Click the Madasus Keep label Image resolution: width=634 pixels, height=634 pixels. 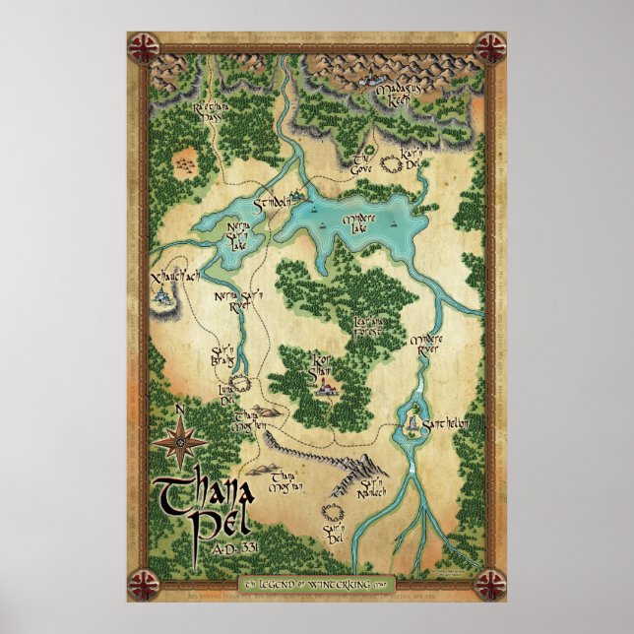[x=397, y=95]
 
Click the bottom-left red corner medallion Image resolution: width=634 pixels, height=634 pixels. [x=145, y=584]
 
